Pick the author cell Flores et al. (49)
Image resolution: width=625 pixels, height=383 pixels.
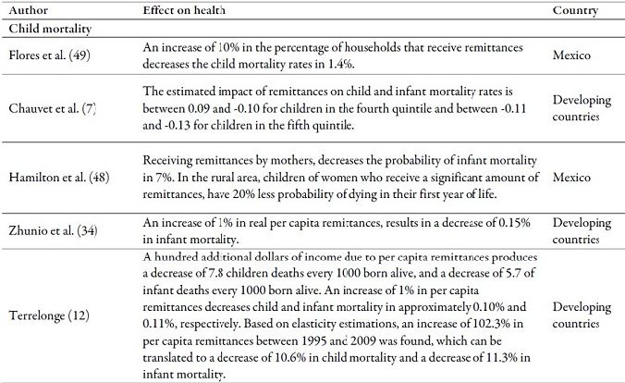47,56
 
